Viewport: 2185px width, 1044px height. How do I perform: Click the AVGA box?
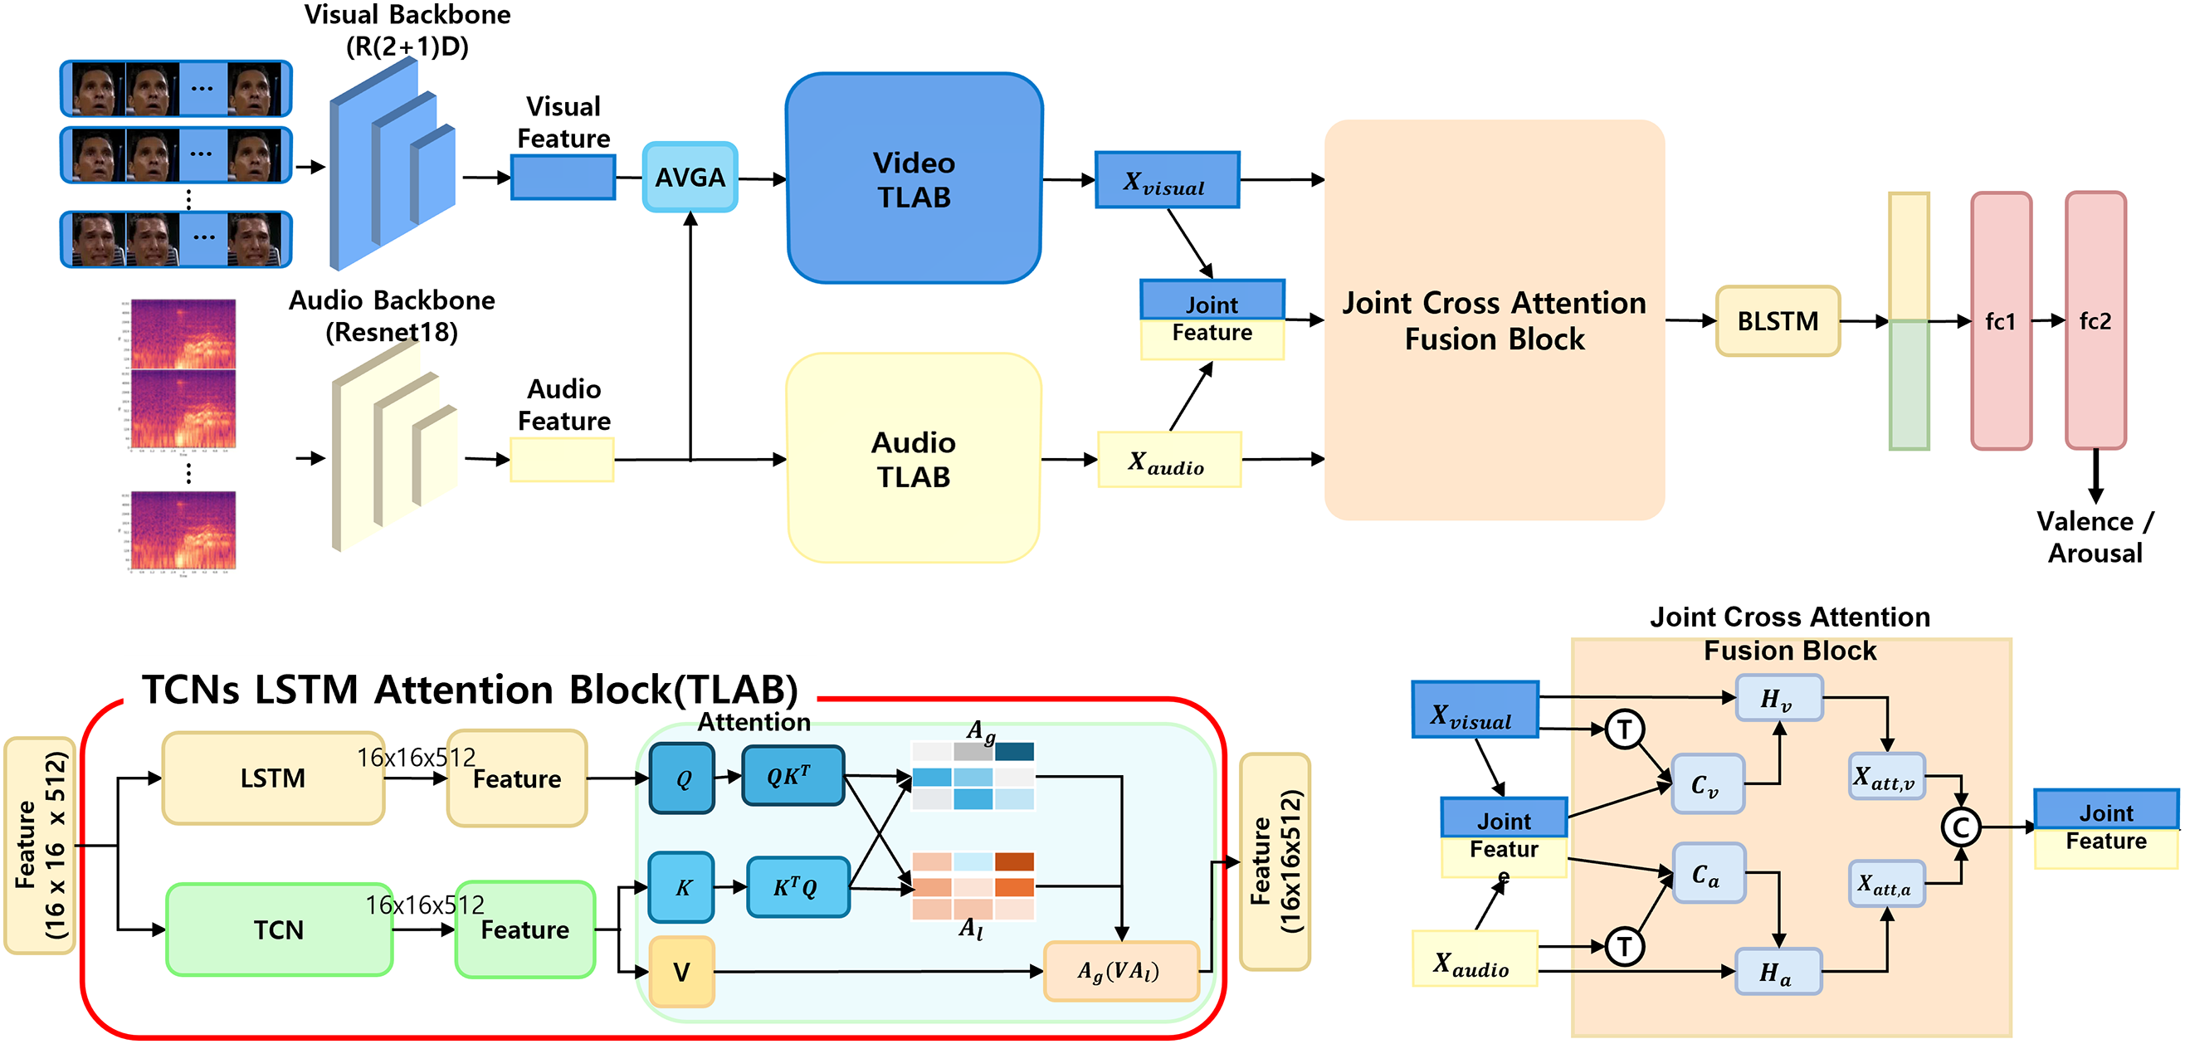pos(690,178)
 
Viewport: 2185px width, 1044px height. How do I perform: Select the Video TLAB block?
pos(914,179)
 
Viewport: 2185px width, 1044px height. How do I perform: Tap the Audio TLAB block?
pos(914,459)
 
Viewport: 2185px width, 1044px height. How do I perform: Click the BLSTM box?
pos(1777,321)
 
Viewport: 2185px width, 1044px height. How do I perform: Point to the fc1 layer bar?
pos(2000,320)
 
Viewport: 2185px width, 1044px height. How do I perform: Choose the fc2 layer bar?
pos(2095,320)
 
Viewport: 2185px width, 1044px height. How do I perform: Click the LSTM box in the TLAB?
pos(272,778)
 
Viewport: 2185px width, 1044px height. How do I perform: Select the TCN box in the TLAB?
pos(278,929)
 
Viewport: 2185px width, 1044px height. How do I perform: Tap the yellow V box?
pos(681,972)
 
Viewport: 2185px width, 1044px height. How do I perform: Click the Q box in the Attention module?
pos(682,778)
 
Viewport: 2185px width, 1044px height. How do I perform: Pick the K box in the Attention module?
pos(682,888)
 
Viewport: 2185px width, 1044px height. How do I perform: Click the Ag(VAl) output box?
pos(1119,971)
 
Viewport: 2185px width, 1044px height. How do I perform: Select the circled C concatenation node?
pos(1960,827)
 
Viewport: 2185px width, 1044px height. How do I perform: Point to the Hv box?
pos(1778,699)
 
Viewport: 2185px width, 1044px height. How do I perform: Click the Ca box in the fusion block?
pos(1708,874)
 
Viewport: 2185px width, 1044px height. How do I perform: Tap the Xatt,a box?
pos(1885,885)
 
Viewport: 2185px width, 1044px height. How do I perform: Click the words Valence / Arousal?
pos(2095,537)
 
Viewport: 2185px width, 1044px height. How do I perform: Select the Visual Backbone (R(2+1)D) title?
pos(407,30)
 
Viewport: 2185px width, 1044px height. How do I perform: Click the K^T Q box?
pos(797,888)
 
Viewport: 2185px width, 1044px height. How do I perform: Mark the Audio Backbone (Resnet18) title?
pos(391,315)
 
